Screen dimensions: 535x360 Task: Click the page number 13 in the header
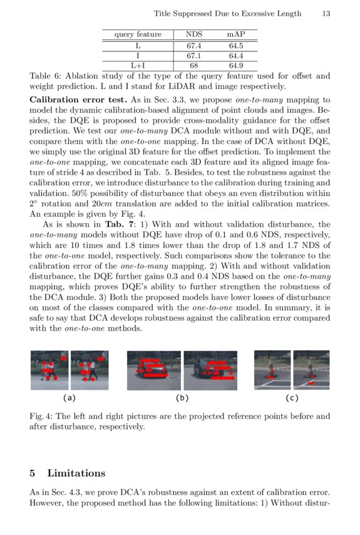tap(326, 13)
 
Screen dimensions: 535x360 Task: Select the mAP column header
tap(235, 34)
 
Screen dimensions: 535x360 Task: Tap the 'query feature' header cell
tap(137, 34)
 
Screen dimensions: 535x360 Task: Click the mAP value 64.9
tap(235, 65)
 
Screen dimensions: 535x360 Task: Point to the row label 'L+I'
tap(137, 65)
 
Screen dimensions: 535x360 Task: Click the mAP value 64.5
tap(235, 46)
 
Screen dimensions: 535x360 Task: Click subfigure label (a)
tap(69, 397)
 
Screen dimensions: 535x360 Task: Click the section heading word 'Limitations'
tap(78, 473)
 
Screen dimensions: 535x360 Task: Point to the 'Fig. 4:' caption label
tap(43, 416)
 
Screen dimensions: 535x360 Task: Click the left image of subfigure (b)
tap(153, 370)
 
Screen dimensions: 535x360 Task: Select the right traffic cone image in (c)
tap(311, 370)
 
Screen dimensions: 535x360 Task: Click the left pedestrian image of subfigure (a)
tap(49, 370)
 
